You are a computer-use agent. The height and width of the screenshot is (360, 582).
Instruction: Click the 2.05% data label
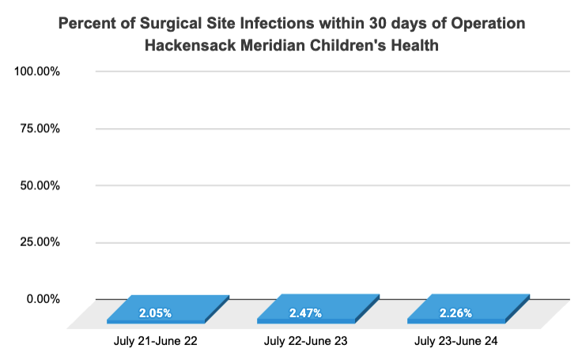(x=155, y=313)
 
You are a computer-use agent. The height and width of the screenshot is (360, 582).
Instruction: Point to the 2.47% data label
(x=306, y=313)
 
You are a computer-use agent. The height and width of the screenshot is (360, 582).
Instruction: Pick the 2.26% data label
(x=456, y=313)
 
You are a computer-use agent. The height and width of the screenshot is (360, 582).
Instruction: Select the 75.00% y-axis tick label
(x=40, y=128)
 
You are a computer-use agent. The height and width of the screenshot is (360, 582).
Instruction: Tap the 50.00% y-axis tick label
(x=40, y=185)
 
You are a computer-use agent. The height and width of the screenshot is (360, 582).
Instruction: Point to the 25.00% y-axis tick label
(x=40, y=242)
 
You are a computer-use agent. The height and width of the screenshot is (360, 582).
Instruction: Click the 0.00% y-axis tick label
(x=43, y=299)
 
